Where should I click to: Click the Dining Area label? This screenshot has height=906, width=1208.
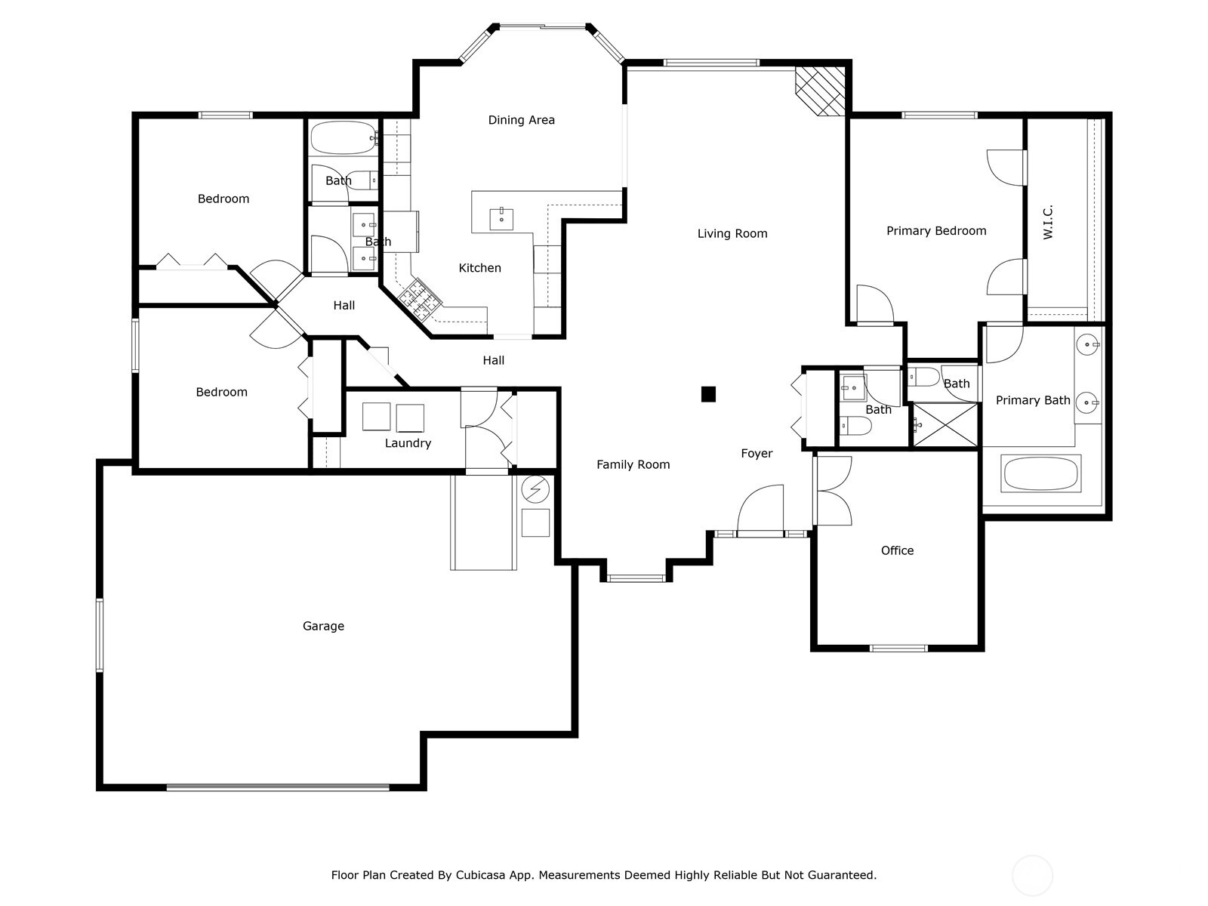pos(521,120)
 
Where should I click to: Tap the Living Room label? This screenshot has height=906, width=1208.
pos(732,234)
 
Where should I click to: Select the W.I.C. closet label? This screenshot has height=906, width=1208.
pos(1048,222)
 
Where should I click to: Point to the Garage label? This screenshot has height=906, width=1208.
pos(323,626)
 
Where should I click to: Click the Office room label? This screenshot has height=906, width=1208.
pos(897,550)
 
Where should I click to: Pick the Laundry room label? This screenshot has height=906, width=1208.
pos(408,443)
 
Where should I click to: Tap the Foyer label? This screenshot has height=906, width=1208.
pos(757,453)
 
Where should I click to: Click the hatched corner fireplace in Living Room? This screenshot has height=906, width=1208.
pos(820,91)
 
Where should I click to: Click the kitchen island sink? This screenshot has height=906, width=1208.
pos(501,219)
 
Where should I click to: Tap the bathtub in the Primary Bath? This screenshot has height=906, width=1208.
pos(1040,473)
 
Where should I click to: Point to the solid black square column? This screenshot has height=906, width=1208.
pos(708,394)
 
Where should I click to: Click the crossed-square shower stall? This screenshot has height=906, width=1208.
pos(945,424)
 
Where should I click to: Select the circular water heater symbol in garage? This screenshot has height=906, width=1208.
pos(535,489)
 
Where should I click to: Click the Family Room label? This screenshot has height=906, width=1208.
pos(633,465)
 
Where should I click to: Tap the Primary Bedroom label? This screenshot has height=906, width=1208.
pos(936,231)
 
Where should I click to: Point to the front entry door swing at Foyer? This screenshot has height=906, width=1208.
pos(760,507)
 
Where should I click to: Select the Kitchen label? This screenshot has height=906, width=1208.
pos(480,268)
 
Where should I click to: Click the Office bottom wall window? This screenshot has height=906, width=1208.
pos(898,648)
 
